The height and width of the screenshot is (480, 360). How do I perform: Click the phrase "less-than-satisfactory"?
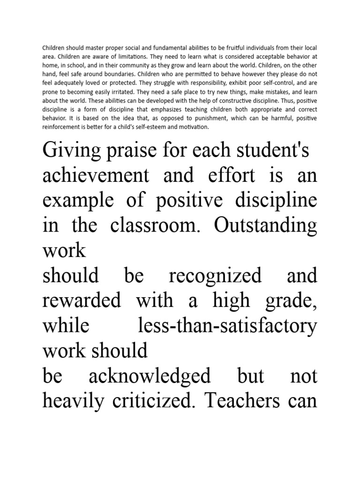click(228, 325)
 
